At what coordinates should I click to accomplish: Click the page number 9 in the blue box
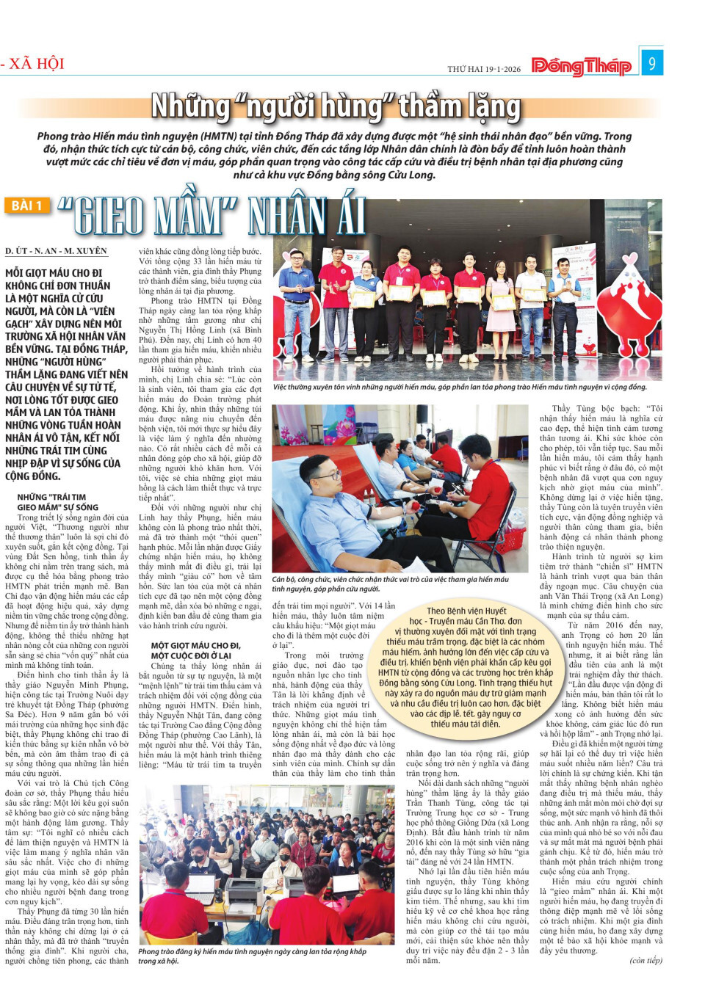651,63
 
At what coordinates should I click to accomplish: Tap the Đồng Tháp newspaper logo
581,67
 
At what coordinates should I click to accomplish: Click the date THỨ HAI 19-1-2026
484,69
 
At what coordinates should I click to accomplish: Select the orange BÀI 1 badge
26,206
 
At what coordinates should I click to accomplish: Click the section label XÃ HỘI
35,63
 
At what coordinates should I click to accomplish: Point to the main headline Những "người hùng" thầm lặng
336,107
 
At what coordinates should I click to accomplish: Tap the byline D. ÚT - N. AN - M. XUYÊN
56,251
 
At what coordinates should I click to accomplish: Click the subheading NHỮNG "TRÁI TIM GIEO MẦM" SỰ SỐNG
57,502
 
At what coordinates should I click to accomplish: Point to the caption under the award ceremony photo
460,387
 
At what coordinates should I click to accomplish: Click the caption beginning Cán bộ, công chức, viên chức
390,584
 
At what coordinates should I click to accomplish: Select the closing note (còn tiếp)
646,960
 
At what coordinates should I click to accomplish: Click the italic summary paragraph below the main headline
334,156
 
